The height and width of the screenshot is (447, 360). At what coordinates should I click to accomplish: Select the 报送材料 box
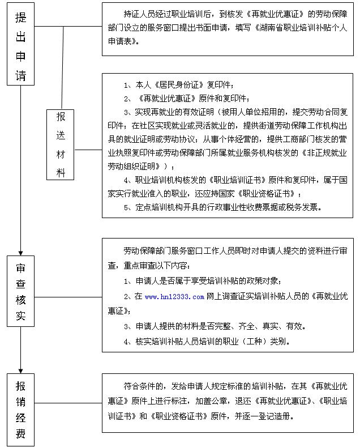tap(61, 144)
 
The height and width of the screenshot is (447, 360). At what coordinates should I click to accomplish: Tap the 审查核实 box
tap(20, 291)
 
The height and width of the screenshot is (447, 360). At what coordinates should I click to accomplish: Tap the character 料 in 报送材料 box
tap(61, 172)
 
